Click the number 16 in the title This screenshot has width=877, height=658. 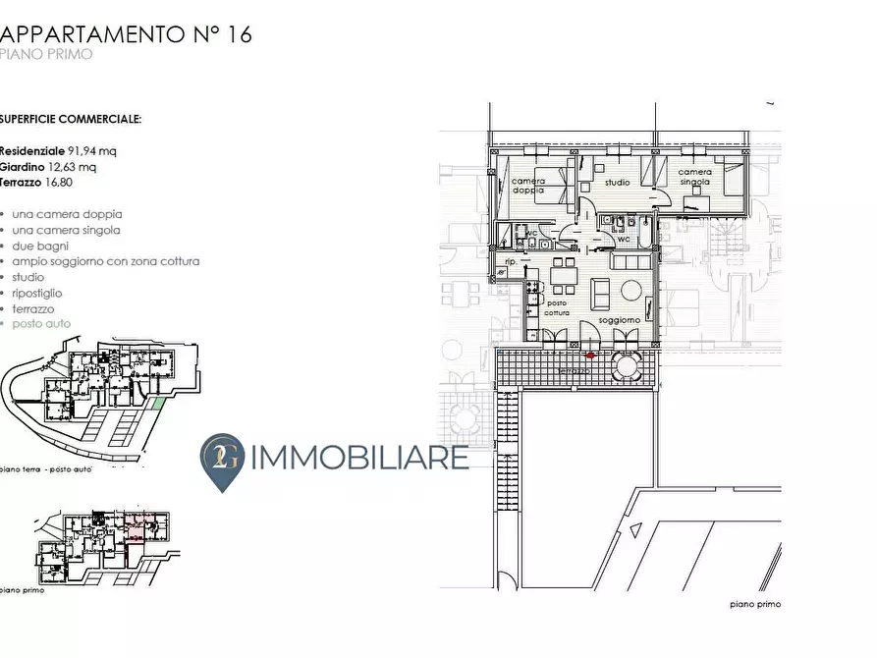[239, 34]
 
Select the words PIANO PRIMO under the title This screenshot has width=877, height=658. [46, 55]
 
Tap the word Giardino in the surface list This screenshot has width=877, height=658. [22, 167]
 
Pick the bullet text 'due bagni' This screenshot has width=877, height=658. [40, 246]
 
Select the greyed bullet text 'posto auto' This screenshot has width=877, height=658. [42, 323]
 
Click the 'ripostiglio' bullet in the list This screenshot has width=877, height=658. [37, 293]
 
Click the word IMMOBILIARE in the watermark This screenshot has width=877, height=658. [361, 458]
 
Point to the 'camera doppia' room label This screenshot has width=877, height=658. [528, 186]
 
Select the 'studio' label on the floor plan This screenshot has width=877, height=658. [617, 183]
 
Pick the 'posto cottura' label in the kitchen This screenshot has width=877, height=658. [557, 307]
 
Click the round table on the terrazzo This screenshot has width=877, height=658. [627, 367]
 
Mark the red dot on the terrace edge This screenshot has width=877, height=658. [589, 356]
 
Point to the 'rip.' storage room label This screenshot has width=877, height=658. [510, 263]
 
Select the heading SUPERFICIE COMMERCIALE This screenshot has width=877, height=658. [71, 119]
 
